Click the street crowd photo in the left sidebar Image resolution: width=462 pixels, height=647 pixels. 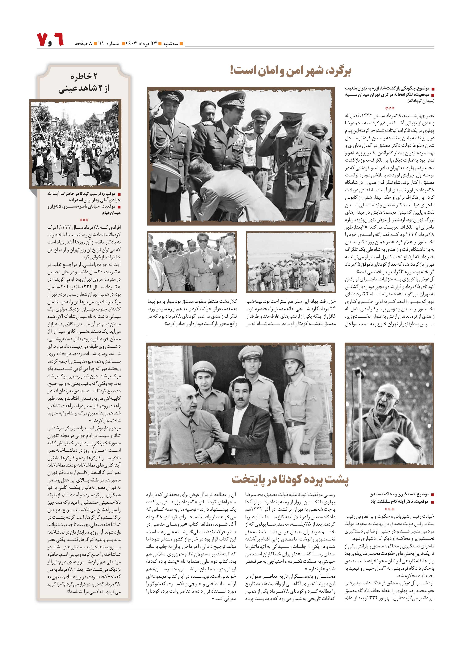(x=75, y=144)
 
